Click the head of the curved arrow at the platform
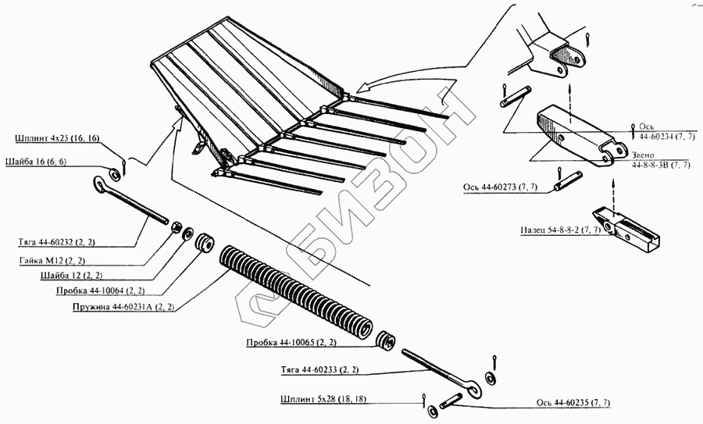pyautogui.click(x=361, y=86)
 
